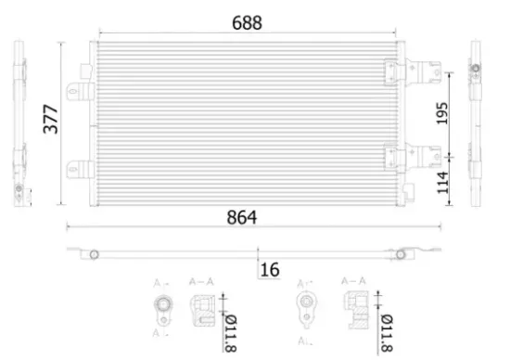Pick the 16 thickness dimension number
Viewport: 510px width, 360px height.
point(269,270)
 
